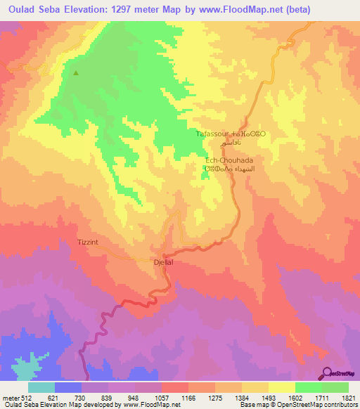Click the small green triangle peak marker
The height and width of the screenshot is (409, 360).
(x=76, y=72)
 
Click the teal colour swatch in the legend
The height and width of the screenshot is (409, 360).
(x=41, y=387)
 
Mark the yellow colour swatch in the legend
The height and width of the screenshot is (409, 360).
(x=281, y=387)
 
